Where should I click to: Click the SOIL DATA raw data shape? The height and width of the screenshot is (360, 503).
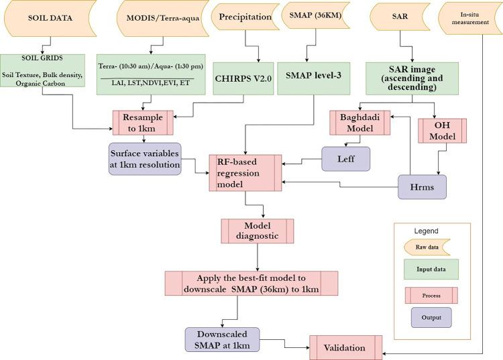coord(50,18)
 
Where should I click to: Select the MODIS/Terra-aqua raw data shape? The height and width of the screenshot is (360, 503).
coord(163,18)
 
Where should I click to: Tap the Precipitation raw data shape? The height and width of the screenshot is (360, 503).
coord(245,17)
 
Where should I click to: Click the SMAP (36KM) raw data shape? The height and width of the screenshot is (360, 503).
coord(316,15)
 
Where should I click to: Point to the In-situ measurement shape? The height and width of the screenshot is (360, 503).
coord(471,19)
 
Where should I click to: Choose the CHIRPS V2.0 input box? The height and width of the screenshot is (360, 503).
coord(243,78)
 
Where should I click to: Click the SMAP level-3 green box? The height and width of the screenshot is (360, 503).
coord(313,78)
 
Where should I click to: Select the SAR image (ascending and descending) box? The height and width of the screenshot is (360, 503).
coord(412,78)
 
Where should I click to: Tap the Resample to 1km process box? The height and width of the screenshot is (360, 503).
coord(143,123)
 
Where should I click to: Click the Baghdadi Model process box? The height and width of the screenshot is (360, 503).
coord(360,123)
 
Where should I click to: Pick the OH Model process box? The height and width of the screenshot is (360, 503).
coord(443,131)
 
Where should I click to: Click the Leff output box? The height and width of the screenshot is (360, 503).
coord(346,159)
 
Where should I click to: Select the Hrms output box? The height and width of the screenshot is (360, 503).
coord(422,187)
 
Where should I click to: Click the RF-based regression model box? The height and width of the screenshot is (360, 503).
coord(245,173)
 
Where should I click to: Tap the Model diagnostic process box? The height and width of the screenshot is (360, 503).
coord(258,231)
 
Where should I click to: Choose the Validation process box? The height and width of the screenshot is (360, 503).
coord(346,348)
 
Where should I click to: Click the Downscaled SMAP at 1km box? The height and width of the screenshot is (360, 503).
coord(222,340)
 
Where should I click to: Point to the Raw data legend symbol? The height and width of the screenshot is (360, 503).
coord(427,247)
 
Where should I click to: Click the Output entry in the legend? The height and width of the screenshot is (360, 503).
coord(431,318)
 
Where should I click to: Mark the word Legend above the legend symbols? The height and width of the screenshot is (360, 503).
coord(426,231)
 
